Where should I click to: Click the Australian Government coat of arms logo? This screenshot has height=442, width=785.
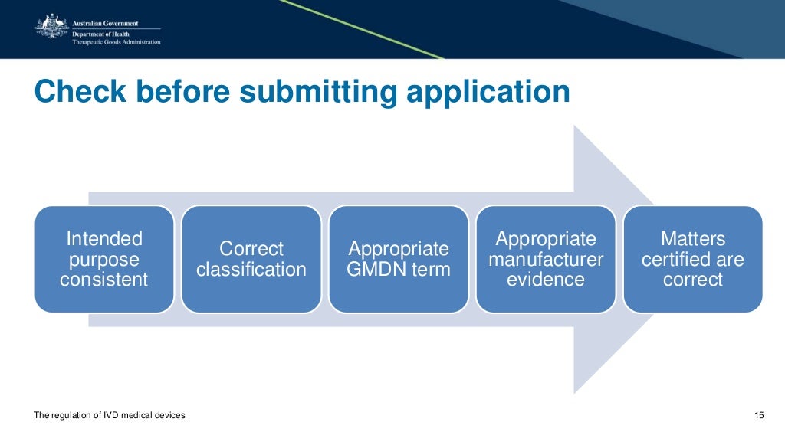point(51,27)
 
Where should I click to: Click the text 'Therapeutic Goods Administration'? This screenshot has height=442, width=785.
point(116,42)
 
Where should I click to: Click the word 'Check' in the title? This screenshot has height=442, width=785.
point(80,92)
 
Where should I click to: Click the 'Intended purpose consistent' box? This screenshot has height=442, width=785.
point(104,259)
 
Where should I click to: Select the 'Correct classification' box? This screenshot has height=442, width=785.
point(251,259)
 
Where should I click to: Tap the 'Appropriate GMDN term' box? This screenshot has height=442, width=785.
point(399,259)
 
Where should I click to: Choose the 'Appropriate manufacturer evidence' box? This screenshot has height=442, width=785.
point(546,259)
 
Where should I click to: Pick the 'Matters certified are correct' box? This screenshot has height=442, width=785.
point(693,259)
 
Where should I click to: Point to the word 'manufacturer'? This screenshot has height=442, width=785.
point(546,259)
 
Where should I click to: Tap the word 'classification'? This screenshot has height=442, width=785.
point(251,270)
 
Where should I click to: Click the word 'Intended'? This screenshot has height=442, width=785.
point(104,238)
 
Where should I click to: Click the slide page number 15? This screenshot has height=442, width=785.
point(759,415)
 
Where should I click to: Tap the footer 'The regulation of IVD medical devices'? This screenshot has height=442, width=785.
point(110,415)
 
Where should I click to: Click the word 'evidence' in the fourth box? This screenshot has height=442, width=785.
point(546,280)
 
